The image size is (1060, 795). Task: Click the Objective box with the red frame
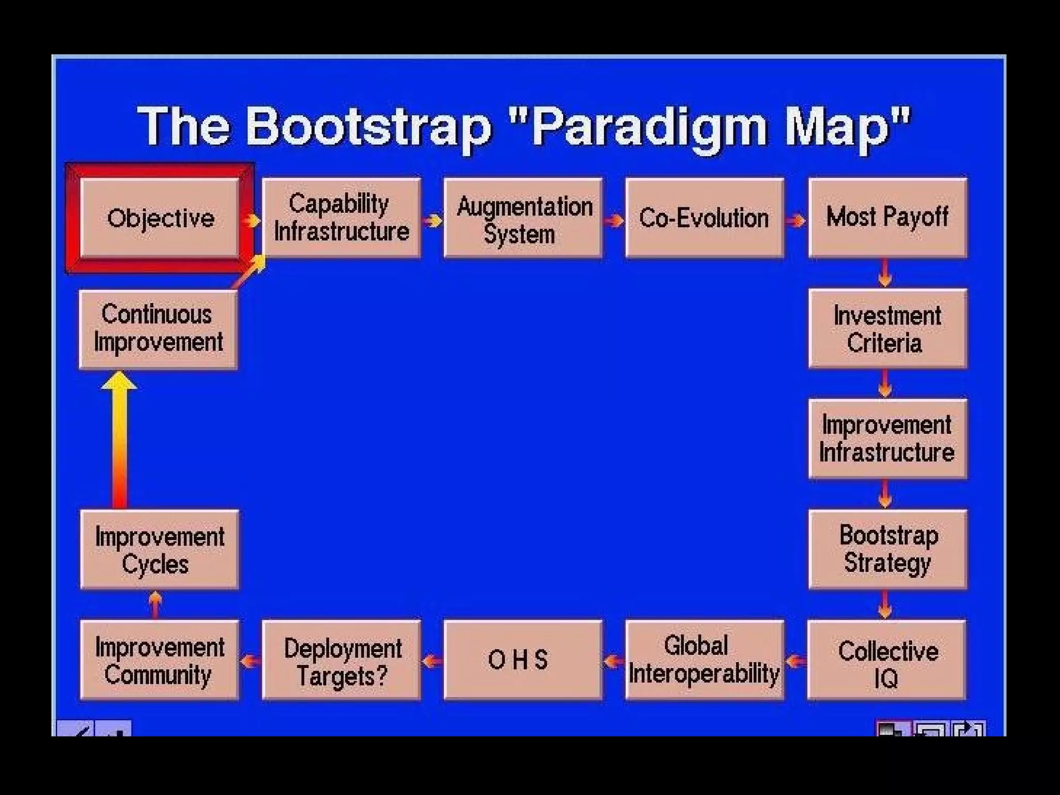pos(160,218)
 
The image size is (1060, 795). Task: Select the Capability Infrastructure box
pos(342,218)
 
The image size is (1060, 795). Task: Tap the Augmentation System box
pos(523,218)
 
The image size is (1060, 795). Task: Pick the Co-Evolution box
pos(704,218)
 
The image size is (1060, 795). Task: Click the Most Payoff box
pos(888,218)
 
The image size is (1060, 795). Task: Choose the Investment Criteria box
pos(888,329)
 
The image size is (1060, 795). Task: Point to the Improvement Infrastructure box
pos(888,438)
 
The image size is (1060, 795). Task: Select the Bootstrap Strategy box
pos(888,549)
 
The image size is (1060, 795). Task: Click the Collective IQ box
pos(887,660)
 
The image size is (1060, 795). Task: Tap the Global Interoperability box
pos(704,660)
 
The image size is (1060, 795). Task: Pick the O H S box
pos(523,660)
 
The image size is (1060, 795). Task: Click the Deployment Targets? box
pos(342,660)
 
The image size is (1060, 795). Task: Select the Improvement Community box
pos(160,660)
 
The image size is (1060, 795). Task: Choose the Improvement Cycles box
pos(160,550)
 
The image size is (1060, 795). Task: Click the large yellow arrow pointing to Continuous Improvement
pos(120,440)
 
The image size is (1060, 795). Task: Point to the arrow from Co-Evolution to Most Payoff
pos(796,220)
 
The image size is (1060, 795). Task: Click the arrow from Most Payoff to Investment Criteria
pos(885,273)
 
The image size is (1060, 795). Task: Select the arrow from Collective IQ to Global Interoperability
pos(796,661)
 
